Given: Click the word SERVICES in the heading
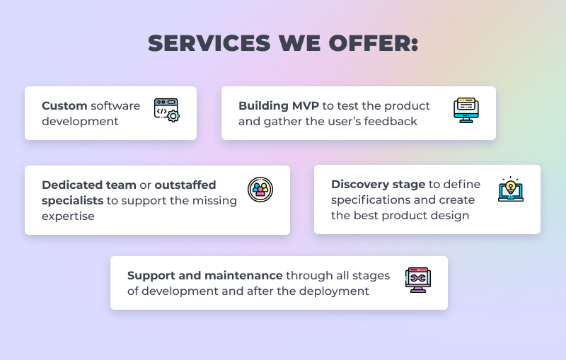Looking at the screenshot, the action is click(x=209, y=43).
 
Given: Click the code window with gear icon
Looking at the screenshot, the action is click(x=167, y=110).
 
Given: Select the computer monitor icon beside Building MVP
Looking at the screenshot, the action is click(x=466, y=110).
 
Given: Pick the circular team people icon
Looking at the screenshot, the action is click(x=260, y=190).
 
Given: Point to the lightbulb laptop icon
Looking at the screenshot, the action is click(x=511, y=189).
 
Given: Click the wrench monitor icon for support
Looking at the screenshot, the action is click(x=418, y=280).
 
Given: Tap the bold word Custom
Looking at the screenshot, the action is click(x=64, y=105).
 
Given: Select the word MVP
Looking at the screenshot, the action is click(x=306, y=105).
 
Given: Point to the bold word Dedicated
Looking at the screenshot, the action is click(x=72, y=185).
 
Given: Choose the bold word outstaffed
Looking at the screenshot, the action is click(x=185, y=185).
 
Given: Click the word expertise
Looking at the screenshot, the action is click(x=68, y=216).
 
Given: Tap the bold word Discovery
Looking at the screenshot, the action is click(x=359, y=185).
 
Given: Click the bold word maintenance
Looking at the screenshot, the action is click(x=243, y=276).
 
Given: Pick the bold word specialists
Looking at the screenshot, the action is click(x=73, y=201).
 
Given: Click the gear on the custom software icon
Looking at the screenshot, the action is click(x=173, y=116).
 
